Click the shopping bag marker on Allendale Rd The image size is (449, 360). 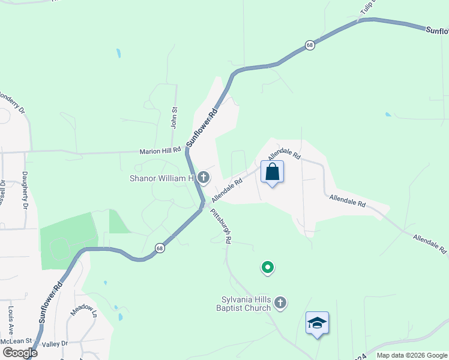click(272, 172)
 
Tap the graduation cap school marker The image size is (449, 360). click(316, 323)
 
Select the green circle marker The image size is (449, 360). click(268, 267)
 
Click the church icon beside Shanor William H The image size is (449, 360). click(203, 178)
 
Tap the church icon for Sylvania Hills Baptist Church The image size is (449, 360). click(280, 304)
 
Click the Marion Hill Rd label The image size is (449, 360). click(160, 152)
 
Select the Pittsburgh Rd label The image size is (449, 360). click(221, 226)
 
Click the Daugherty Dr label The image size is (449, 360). click(25, 197)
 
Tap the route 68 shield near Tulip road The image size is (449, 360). click(309, 46)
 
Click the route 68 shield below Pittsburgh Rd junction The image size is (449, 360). click(159, 247)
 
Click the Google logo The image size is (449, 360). click(20, 353)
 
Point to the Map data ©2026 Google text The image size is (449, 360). click(412, 355)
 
